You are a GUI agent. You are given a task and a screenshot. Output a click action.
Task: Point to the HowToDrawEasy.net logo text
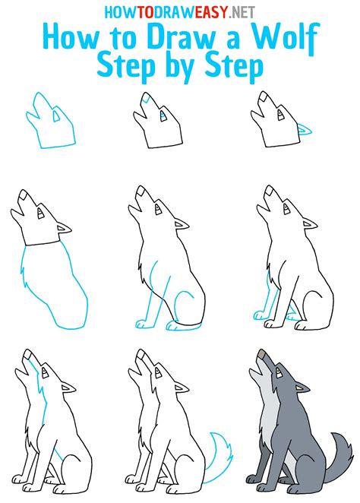180,11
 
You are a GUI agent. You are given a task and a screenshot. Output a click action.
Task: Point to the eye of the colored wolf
279,374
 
